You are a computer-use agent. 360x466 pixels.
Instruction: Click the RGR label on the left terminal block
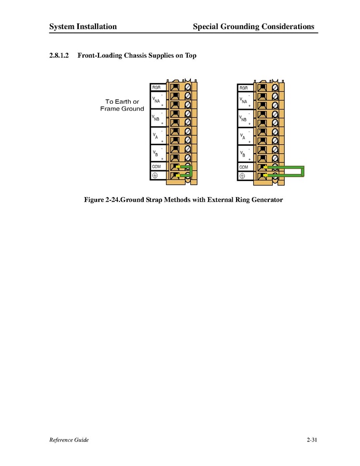point(156,88)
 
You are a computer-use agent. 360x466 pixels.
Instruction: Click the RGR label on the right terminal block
point(244,88)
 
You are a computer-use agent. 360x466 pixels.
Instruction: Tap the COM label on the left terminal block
point(156,167)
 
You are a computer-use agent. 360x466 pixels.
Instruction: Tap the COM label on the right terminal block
point(244,167)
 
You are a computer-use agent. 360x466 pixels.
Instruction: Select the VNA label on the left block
point(156,100)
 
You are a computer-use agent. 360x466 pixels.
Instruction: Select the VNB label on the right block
point(243,118)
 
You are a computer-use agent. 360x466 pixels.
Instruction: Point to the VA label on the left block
point(155,136)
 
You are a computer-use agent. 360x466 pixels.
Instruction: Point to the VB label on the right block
point(243,154)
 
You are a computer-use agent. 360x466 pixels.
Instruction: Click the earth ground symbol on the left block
point(155,175)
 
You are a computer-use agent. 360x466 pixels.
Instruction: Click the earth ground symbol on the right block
point(242,176)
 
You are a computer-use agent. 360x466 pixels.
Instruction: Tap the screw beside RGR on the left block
point(188,87)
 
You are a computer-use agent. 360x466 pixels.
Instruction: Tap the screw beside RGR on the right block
point(275,88)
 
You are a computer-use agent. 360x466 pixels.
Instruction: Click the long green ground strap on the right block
point(303,171)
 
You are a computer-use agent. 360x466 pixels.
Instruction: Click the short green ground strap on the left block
point(191,171)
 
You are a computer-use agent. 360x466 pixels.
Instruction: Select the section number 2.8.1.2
point(59,56)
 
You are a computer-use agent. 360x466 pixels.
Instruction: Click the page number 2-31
point(312,440)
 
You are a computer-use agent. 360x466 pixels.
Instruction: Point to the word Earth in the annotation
point(123,102)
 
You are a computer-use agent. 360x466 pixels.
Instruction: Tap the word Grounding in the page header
point(240,27)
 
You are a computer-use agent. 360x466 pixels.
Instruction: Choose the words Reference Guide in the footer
point(69,440)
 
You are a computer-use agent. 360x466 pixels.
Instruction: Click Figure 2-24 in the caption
point(102,199)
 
